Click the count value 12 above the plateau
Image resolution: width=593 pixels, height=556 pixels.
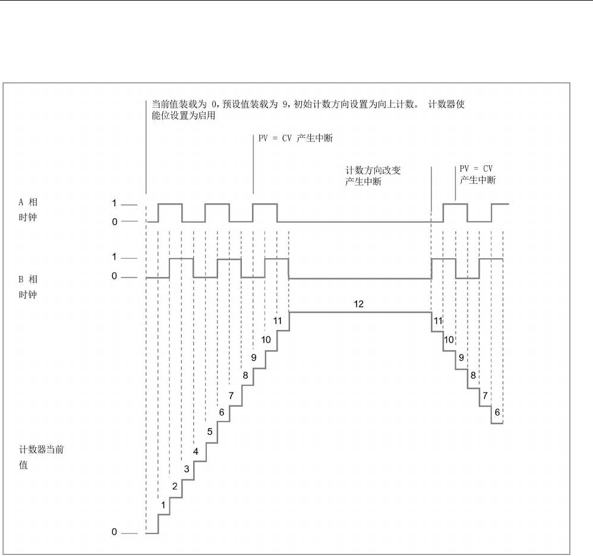click(358, 303)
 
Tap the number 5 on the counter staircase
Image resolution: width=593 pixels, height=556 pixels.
click(210, 432)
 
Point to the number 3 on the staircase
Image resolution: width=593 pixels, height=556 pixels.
click(187, 469)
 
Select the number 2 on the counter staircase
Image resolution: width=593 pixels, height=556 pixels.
click(175, 486)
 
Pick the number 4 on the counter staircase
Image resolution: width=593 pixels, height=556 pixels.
click(195, 451)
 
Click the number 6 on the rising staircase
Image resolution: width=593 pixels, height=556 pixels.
click(222, 412)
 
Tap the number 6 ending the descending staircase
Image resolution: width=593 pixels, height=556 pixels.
click(497, 412)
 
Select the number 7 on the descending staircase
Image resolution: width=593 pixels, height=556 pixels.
click(485, 395)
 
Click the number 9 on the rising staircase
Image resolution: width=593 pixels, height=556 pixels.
click(254, 358)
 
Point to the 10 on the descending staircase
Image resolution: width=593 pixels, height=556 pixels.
click(449, 340)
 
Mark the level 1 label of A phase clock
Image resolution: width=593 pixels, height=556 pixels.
click(115, 204)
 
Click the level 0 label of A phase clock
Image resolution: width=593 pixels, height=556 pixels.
click(115, 221)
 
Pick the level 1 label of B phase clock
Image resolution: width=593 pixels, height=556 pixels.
click(115, 258)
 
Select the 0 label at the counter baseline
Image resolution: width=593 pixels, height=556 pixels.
click(115, 532)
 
